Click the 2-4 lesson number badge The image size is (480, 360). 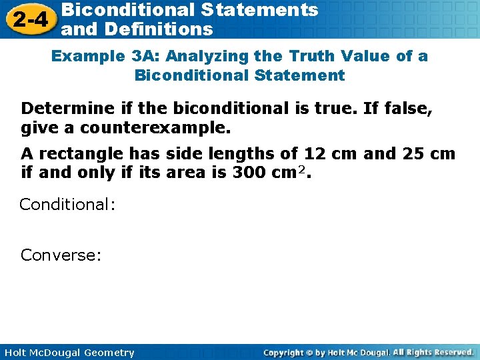coord(29,19)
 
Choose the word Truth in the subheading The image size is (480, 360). coord(311,56)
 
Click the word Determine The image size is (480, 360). coord(60,108)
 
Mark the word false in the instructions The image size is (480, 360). coord(409,108)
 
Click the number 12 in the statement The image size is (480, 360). coord(315,154)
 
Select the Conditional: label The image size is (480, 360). coord(67,204)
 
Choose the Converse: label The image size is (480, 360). coord(61,255)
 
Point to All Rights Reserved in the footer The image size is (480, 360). coord(433,352)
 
